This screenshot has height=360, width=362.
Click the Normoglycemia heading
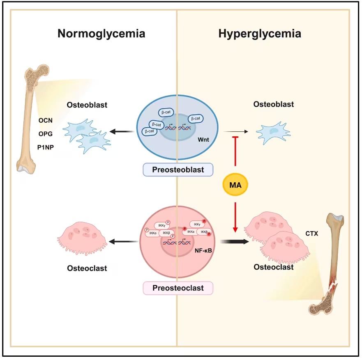point(101,34)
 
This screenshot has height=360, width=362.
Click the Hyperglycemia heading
point(260,34)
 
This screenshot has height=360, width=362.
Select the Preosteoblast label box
point(178,170)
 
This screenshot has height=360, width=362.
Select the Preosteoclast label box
point(178,288)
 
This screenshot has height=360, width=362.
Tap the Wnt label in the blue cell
point(203,140)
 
